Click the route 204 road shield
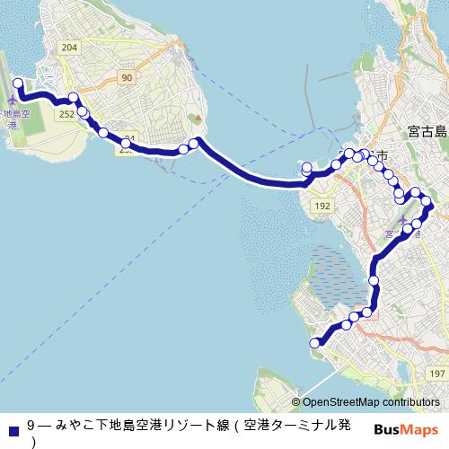click(x=71, y=47)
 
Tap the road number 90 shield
click(x=128, y=79)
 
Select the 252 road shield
click(x=66, y=114)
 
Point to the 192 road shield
click(x=322, y=206)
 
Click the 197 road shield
click(x=437, y=373)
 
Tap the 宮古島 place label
click(x=426, y=131)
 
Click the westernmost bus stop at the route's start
click(x=17, y=84)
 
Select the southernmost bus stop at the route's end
click(x=314, y=342)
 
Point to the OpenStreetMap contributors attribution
click(x=371, y=402)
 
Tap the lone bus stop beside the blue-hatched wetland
click(x=374, y=281)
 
